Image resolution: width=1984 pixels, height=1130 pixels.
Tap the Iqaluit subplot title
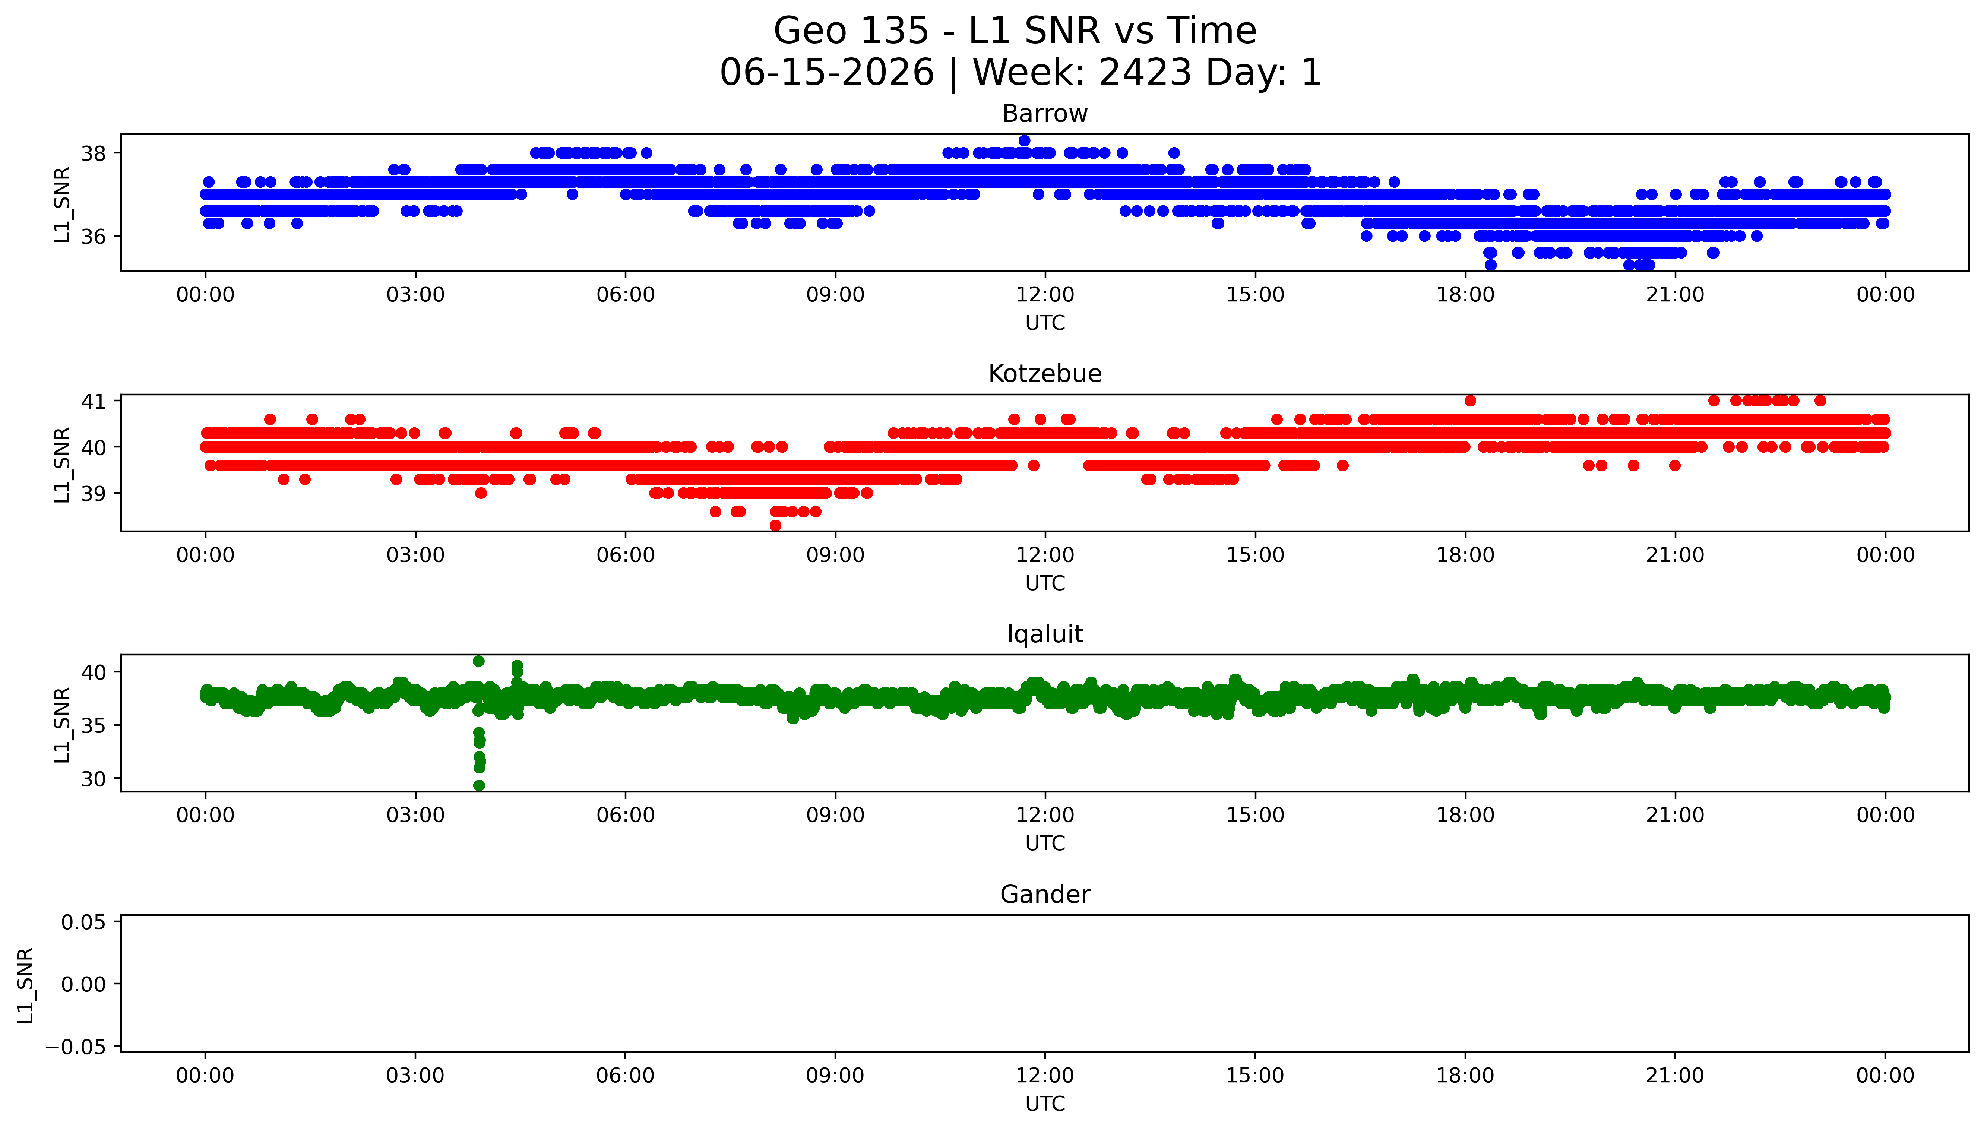pos(1044,634)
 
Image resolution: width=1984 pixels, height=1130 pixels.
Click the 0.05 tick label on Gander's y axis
pos(84,923)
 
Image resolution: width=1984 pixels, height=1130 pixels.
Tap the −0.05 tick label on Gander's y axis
pos(76,1048)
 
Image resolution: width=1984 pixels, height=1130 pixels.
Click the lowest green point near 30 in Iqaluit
pos(479,785)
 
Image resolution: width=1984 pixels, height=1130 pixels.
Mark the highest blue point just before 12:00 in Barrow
pos(1024,140)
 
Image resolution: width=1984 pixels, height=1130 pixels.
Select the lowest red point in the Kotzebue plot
pos(775,525)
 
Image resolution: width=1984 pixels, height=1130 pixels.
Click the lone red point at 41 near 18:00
pos(1469,401)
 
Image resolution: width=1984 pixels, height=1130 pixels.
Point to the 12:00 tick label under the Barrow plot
pos(1045,295)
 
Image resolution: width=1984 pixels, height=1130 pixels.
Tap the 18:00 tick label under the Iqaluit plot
pos(1465,816)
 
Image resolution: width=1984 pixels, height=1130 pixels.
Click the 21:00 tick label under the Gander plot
pos(1675,1076)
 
